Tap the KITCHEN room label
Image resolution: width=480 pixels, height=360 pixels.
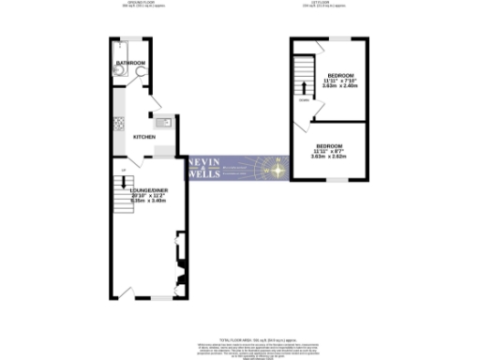pos(143,137)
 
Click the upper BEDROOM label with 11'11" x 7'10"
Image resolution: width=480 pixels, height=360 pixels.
pos(338,74)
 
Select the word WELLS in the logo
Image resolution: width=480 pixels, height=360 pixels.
pos(206,175)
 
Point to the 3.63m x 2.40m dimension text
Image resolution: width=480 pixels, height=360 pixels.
pos(338,86)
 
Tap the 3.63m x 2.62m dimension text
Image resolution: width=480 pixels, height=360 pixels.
pos(328,157)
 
